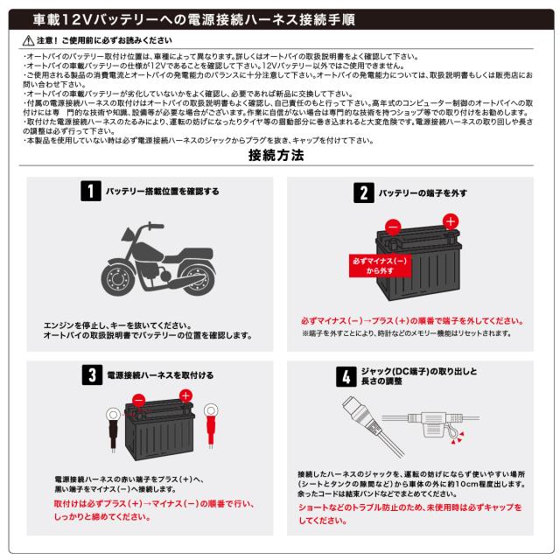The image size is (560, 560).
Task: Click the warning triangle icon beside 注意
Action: [29, 41]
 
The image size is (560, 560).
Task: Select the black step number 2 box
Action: [360, 191]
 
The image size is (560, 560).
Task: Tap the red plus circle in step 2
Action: [450, 221]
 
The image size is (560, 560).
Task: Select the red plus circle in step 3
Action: [185, 395]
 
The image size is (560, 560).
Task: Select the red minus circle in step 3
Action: [138, 401]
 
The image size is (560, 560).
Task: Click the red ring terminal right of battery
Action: [209, 409]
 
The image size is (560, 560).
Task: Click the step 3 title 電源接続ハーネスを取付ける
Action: [160, 375]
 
